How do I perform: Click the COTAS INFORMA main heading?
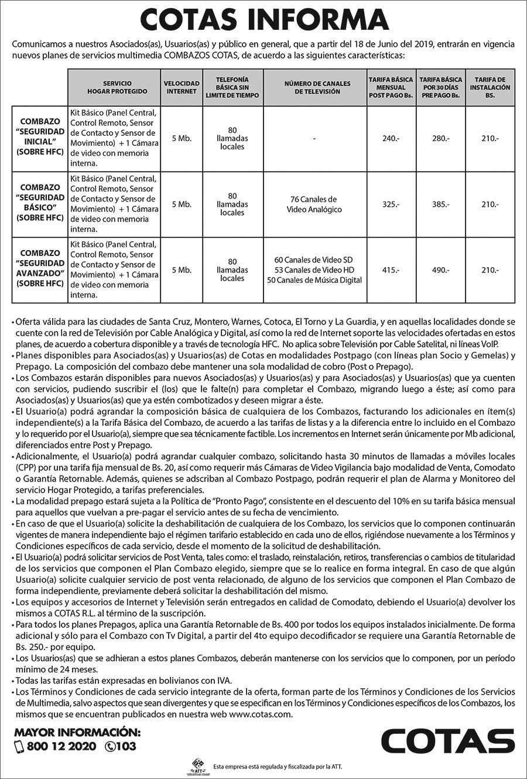click(x=263, y=20)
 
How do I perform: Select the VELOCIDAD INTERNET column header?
click(x=182, y=87)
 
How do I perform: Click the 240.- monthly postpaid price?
click(x=391, y=138)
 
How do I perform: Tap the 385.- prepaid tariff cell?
click(x=440, y=204)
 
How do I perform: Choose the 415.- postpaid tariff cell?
click(x=391, y=270)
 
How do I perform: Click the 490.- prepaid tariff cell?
click(x=440, y=270)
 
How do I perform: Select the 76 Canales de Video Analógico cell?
click(x=314, y=204)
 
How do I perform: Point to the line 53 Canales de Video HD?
click(x=314, y=270)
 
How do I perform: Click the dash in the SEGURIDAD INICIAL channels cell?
click(x=314, y=138)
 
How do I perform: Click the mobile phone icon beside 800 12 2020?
click(x=19, y=747)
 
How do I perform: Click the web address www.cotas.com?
click(x=260, y=715)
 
